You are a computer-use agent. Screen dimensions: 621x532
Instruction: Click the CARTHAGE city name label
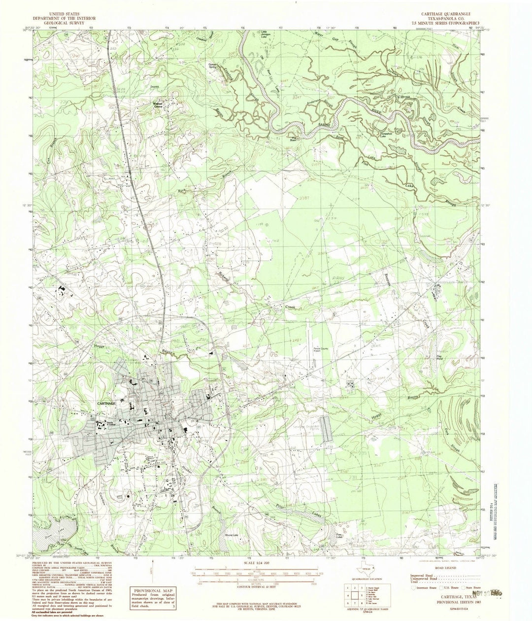point(102,403)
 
